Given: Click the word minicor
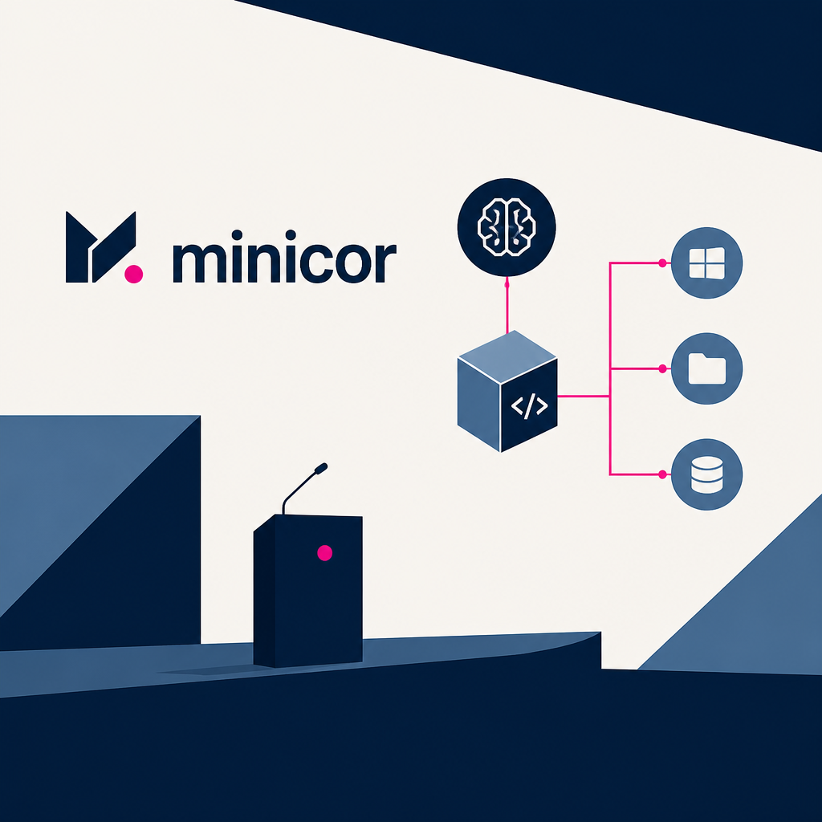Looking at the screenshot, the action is (285, 257).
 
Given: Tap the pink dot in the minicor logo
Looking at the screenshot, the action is (134, 275).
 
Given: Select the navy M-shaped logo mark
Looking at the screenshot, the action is (100, 247).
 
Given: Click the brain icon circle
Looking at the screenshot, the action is (507, 227).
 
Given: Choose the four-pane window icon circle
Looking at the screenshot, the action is (706, 263).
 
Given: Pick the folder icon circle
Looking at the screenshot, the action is (706, 368).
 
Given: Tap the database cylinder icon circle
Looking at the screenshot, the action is (706, 474).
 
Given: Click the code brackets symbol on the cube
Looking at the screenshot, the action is (530, 405).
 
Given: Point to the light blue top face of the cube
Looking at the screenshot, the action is (507, 356).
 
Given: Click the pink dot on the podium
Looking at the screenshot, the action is (325, 552).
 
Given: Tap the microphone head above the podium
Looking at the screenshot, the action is (321, 468).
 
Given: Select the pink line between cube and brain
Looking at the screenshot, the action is (507, 305).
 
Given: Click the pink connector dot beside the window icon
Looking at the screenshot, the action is (662, 262).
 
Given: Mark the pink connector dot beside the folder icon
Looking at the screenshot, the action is (662, 368).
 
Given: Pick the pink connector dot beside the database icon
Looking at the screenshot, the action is (662, 474).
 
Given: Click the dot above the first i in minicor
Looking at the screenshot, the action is (237, 234).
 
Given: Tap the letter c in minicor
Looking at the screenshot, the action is (311, 263).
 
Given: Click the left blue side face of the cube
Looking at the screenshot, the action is (479, 405).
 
